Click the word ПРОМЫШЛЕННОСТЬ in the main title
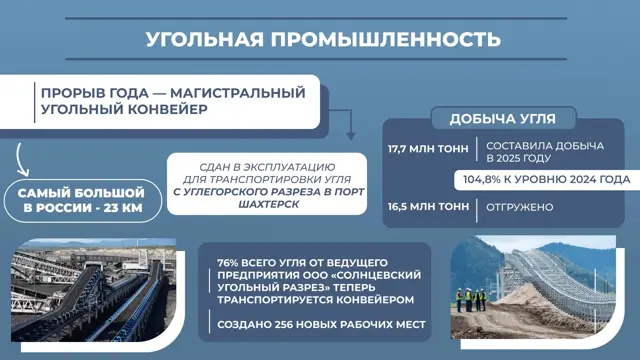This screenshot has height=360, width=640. (386, 40)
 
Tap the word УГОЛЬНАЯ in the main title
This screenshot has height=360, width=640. (204, 40)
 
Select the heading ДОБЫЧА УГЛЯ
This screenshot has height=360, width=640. (503, 119)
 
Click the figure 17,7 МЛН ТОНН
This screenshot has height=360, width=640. (428, 149)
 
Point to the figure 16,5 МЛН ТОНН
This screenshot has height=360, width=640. (429, 207)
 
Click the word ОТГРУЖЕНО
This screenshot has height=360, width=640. (520, 207)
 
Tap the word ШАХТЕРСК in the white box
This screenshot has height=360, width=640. (268, 204)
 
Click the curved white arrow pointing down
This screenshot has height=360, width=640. (19, 160)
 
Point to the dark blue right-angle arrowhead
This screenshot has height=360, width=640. (351, 136)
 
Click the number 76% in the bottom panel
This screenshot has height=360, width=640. (228, 262)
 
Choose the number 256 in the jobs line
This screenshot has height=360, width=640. (284, 325)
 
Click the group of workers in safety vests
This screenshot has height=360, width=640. (471, 299)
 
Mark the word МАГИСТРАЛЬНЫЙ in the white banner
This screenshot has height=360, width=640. (238, 93)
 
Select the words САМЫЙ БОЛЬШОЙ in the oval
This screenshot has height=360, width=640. (81, 193)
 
